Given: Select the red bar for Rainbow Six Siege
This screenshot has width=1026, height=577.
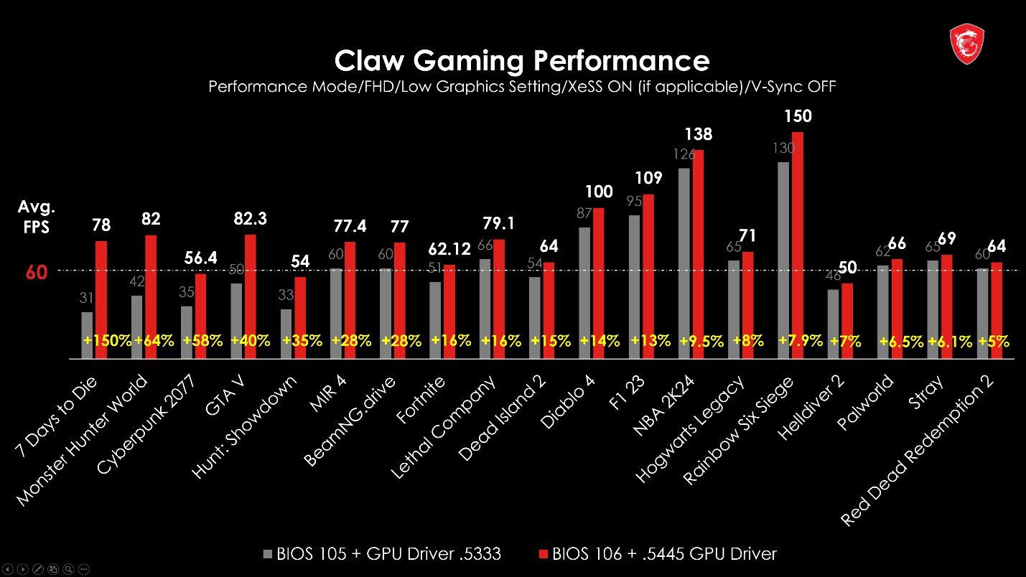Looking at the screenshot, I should [797, 244].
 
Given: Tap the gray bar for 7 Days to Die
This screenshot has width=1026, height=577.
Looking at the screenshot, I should [87, 334].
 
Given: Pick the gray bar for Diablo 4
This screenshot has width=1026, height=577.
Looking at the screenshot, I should [584, 293].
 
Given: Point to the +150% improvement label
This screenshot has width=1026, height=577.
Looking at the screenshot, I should [108, 340].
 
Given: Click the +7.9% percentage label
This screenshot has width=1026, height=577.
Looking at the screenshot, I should [801, 340].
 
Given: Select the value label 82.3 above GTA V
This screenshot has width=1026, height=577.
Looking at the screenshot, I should [251, 219].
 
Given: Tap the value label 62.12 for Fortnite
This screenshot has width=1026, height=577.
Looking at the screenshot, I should [449, 249].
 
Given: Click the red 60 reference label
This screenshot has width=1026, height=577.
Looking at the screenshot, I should [36, 273].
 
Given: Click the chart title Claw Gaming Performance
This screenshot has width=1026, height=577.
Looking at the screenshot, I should [522, 60].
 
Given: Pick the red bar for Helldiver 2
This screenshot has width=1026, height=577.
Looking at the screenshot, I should [847, 321].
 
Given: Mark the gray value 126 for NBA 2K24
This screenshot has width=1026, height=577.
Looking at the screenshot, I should [683, 154].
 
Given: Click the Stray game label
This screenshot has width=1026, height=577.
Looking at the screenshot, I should [925, 391].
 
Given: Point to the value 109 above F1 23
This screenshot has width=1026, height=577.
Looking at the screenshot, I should [648, 177].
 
